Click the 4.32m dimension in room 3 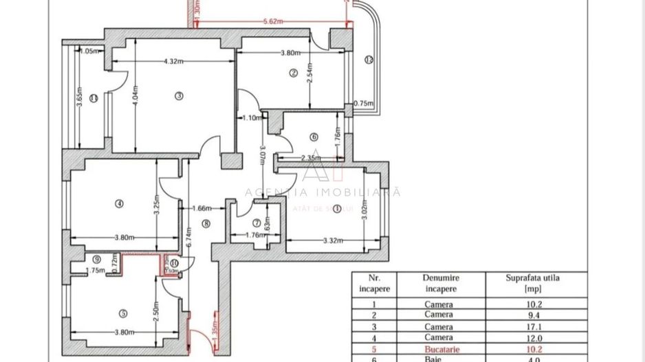[173, 62]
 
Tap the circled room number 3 [178, 95]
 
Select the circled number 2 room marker [292, 73]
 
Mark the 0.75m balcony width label [362, 104]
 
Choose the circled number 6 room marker [314, 137]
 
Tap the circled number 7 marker [256, 223]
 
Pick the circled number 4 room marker [119, 203]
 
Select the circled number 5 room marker [123, 313]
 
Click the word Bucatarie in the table [439, 348]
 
